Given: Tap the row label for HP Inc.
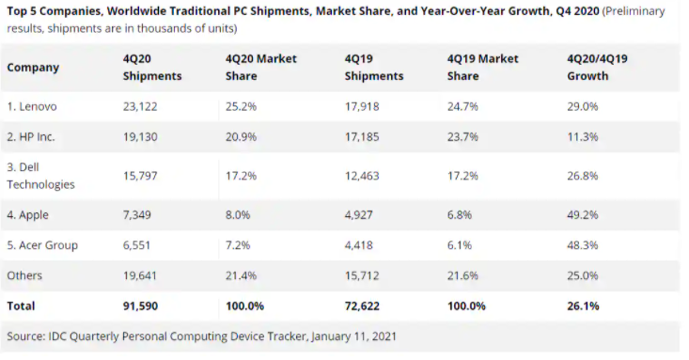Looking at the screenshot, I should tap(31, 136).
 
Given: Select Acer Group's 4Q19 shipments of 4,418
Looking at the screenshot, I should tap(363, 244).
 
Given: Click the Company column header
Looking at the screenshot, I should tap(33, 68).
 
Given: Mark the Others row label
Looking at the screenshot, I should tap(25, 276).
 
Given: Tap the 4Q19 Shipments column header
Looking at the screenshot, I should tap(374, 68).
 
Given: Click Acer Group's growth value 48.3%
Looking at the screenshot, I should tap(582, 244).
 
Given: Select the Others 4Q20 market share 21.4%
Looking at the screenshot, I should tap(242, 276).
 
